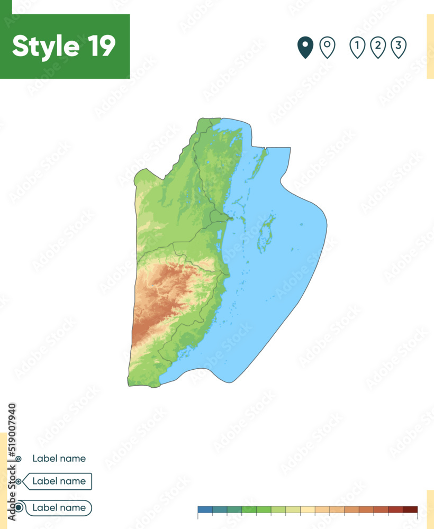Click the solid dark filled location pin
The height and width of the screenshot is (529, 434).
click(305, 47)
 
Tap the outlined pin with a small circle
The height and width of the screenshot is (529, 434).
click(328, 47)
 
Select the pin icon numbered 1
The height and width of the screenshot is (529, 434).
click(357, 47)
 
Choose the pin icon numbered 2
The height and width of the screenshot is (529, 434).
click(377, 47)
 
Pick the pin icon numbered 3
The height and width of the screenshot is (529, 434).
click(398, 47)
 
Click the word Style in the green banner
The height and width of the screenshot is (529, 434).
click(43, 46)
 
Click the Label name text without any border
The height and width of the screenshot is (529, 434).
click(59, 459)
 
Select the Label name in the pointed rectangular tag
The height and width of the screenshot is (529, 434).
click(59, 481)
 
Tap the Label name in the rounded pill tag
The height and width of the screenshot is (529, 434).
click(59, 508)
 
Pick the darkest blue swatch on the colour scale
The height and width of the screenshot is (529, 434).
click(205, 510)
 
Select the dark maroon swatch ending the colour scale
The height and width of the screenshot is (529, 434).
click(410, 510)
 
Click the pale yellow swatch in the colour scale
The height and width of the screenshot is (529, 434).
click(308, 510)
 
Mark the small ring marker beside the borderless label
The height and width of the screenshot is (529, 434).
click(19, 459)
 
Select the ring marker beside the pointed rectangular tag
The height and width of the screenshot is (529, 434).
click(19, 481)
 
